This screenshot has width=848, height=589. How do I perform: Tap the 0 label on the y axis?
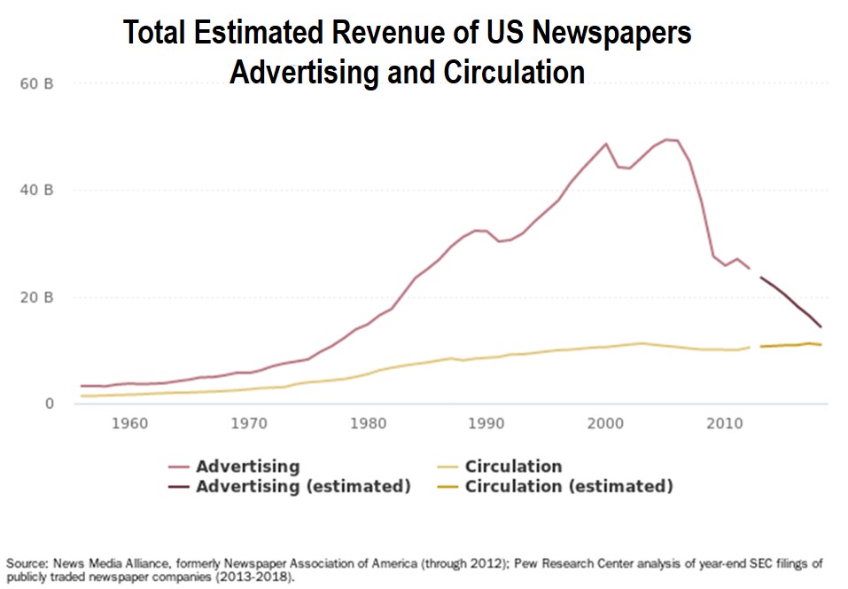click(x=50, y=404)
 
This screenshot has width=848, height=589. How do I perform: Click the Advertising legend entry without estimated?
click(x=247, y=467)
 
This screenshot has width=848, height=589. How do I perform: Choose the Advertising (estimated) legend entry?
click(x=303, y=486)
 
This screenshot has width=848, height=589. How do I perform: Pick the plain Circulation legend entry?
click(x=513, y=467)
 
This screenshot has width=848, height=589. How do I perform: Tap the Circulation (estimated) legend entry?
click(x=569, y=486)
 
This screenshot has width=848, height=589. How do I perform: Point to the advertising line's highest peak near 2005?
click(x=666, y=139)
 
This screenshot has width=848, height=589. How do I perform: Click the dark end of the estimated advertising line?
click(x=821, y=326)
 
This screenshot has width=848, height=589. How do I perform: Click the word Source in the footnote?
click(x=27, y=563)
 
